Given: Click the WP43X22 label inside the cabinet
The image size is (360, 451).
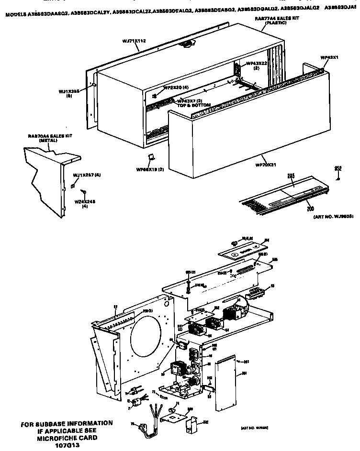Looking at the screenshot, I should coord(256,64).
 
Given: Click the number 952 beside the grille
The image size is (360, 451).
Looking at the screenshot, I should coord(338,168).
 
